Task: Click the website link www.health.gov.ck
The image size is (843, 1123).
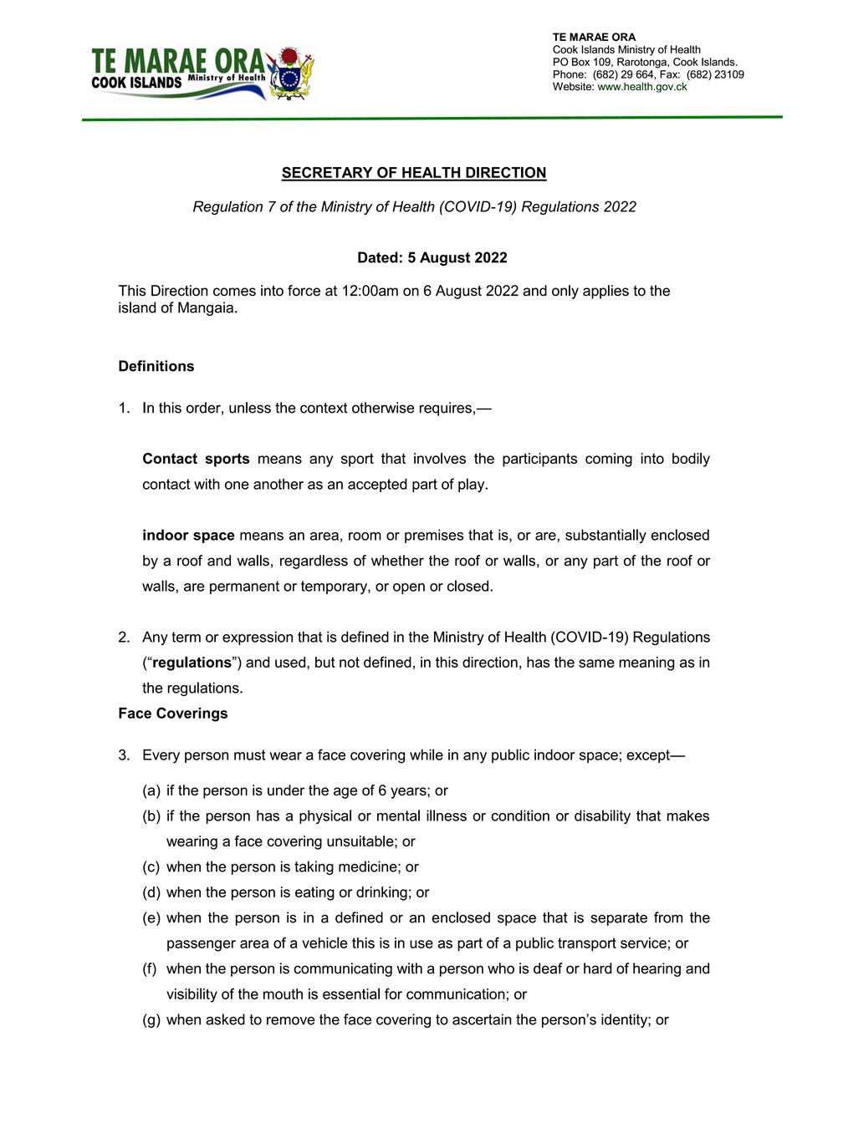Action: click(x=641, y=87)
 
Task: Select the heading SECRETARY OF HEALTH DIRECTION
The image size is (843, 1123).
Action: click(x=413, y=173)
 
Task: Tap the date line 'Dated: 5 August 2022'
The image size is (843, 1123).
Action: click(x=432, y=257)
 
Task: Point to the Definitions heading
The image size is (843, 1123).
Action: click(x=156, y=366)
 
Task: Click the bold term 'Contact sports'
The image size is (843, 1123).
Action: click(x=196, y=459)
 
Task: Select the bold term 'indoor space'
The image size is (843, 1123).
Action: click(x=188, y=536)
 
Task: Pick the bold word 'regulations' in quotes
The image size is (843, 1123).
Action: click(x=192, y=663)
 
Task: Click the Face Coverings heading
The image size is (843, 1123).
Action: click(x=173, y=714)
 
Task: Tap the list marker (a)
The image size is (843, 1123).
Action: click(x=151, y=790)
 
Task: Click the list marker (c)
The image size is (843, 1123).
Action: click(x=151, y=867)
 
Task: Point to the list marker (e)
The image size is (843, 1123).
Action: click(x=151, y=918)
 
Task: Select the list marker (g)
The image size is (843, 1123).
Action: click(x=151, y=1020)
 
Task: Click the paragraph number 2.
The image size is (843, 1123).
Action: click(x=124, y=638)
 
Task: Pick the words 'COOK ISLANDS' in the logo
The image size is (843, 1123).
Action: click(x=136, y=83)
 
